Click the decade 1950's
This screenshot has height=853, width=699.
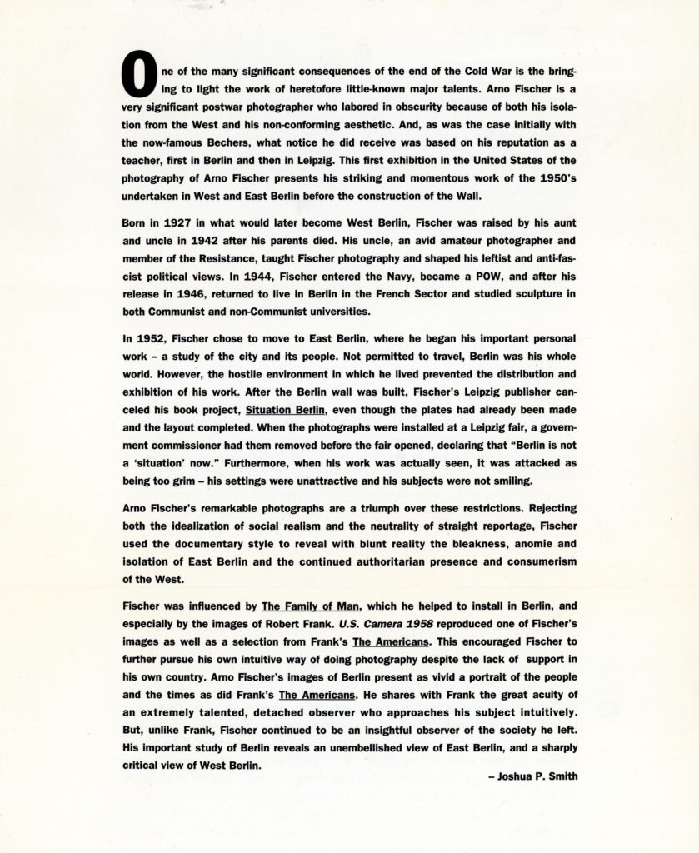tap(551, 180)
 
